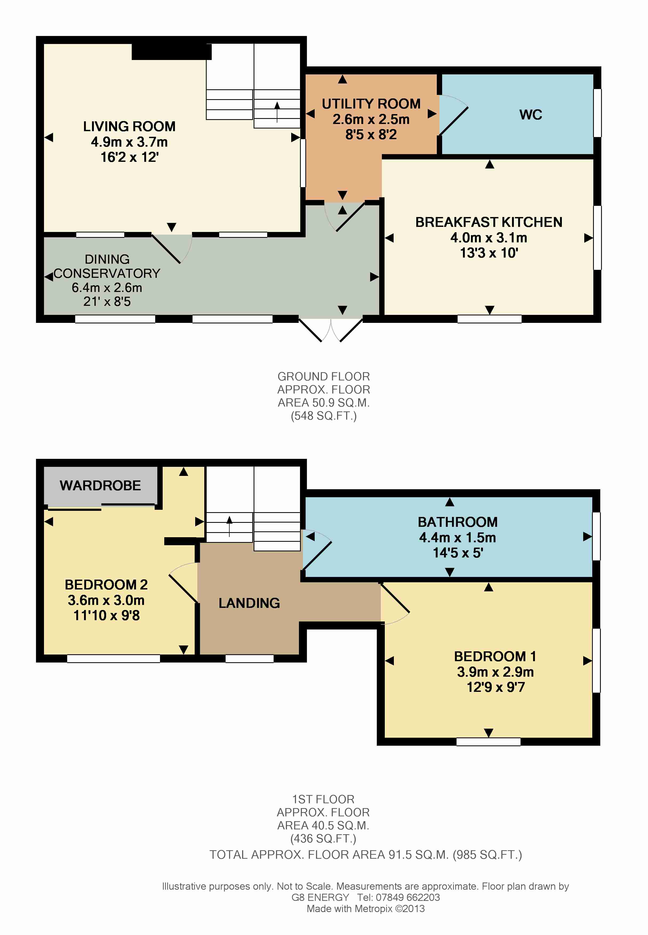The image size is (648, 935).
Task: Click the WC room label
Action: coord(530,115)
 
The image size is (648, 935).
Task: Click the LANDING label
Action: coord(249,603)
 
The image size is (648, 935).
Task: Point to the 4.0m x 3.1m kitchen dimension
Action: coord(489,237)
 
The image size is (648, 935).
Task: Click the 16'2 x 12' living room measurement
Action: coord(129,157)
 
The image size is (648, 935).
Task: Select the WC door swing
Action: coord(453,115)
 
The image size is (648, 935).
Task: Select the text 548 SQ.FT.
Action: coord(323,416)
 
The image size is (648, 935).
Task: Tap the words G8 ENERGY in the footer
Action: coord(320,897)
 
